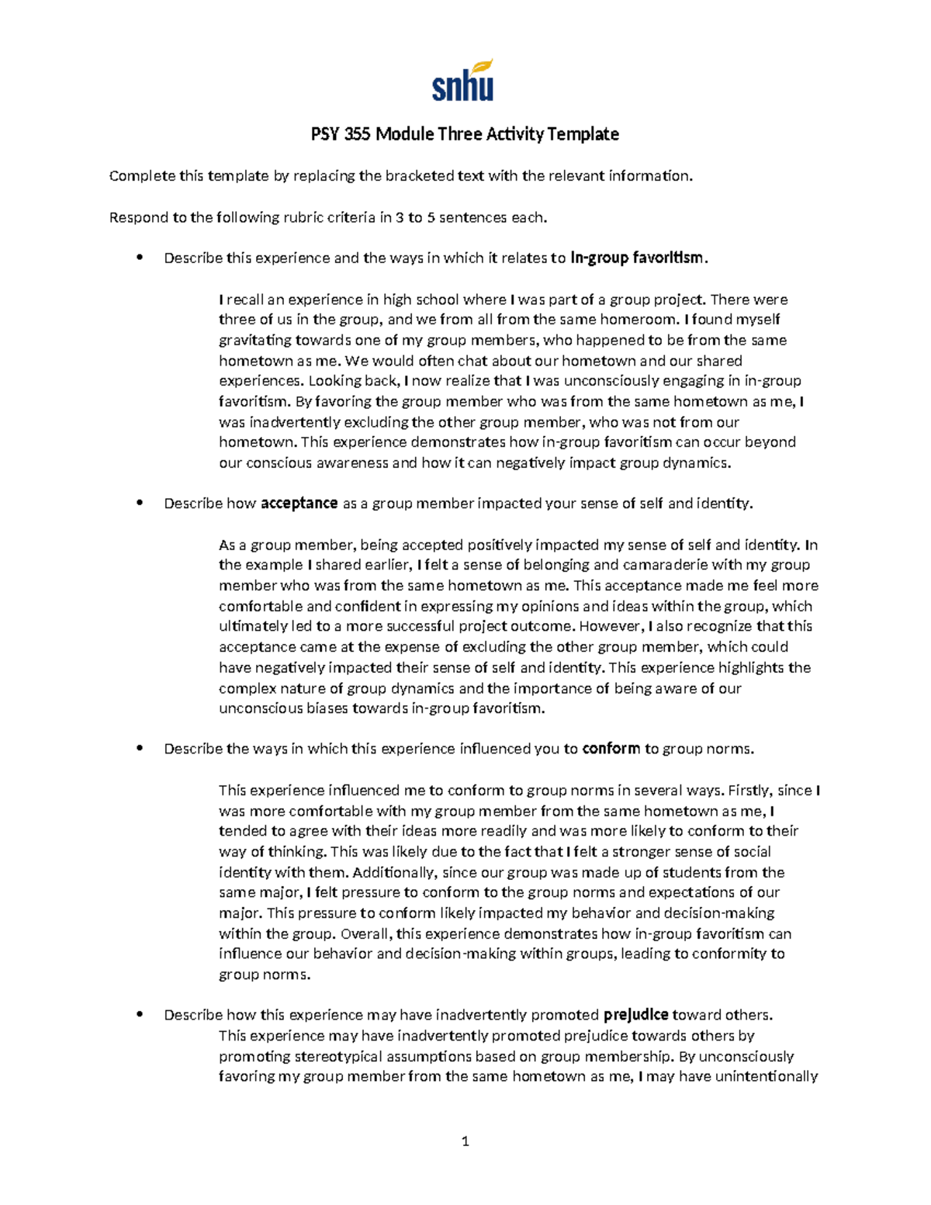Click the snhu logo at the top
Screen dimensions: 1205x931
462,82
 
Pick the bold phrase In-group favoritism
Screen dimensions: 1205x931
637,258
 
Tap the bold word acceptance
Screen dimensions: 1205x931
299,504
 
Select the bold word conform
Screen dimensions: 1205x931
611,749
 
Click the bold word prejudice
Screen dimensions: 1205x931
635,1015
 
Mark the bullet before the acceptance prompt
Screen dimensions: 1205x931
140,504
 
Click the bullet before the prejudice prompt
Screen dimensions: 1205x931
140,1015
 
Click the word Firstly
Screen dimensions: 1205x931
749,791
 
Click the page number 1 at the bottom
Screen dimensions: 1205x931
465,1141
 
